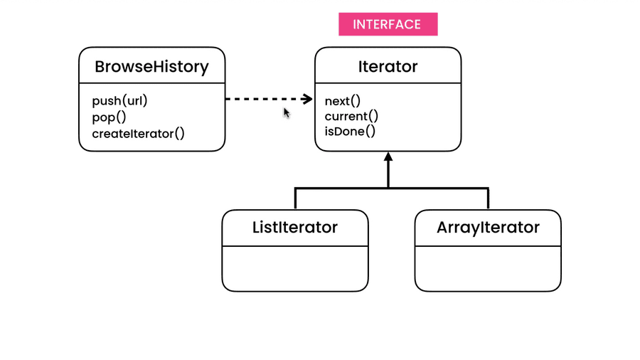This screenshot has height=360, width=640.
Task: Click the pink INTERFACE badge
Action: [388, 24]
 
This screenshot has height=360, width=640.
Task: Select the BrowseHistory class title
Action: [151, 67]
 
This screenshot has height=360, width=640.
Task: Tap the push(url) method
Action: [119, 101]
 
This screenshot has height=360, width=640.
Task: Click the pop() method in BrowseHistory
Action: [109, 117]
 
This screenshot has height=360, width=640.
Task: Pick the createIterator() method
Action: [138, 134]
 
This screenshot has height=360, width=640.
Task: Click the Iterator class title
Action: [388, 67]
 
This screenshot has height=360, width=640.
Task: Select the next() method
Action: [343, 101]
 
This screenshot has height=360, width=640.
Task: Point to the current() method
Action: [351, 116]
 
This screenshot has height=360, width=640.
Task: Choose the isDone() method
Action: [350, 132]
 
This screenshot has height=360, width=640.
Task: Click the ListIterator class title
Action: [295, 228]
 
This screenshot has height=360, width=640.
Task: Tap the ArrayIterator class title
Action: [488, 228]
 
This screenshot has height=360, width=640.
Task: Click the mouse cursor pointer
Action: [287, 112]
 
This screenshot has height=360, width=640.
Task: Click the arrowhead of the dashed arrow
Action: [307, 100]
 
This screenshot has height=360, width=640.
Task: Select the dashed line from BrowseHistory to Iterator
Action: [263, 100]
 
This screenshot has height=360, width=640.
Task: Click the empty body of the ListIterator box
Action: [295, 268]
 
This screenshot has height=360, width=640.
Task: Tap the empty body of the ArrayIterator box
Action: [488, 268]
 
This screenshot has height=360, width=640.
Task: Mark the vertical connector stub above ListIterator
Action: [296, 198]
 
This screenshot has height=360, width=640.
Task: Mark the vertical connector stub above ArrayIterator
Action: [489, 198]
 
